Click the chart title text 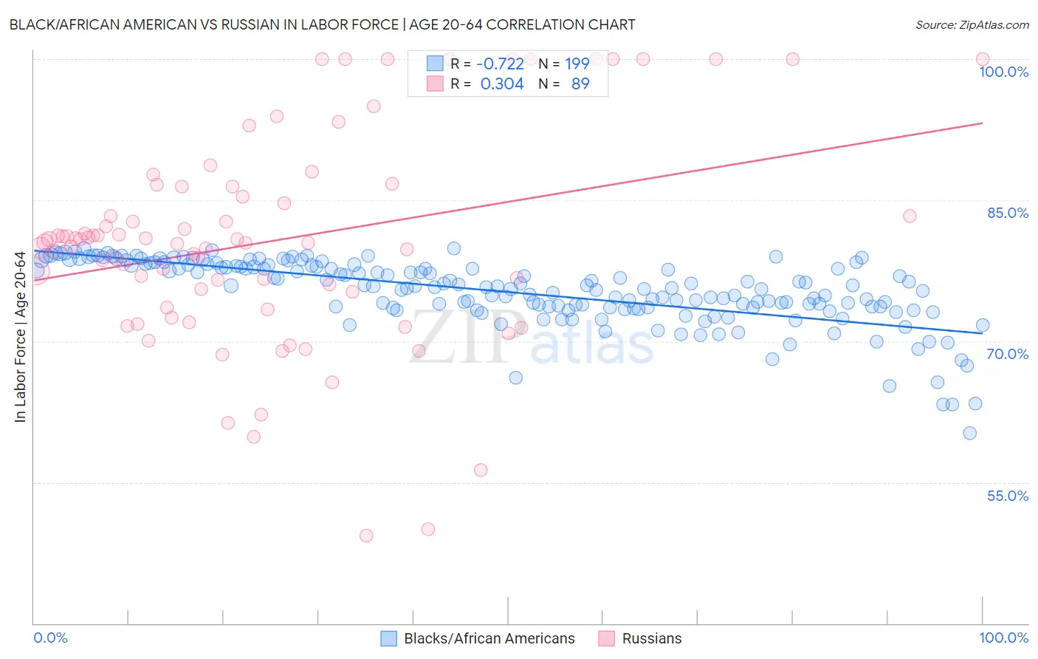(x=322, y=24)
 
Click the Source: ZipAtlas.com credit (x=972, y=24)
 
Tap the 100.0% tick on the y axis (x=1003, y=72)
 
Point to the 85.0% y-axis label (x=1008, y=213)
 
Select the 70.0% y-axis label (x=1008, y=354)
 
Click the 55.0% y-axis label (x=1008, y=496)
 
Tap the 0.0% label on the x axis (x=50, y=638)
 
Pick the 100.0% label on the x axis (x=1003, y=638)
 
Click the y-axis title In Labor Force (x=20, y=338)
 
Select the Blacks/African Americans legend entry (x=489, y=638)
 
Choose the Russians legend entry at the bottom (x=651, y=638)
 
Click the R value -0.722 (x=500, y=64)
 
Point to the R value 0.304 (x=502, y=83)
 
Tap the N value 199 (x=577, y=64)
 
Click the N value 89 (x=580, y=83)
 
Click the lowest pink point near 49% (x=366, y=536)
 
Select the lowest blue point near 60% (x=970, y=433)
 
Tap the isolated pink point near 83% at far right (x=910, y=216)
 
